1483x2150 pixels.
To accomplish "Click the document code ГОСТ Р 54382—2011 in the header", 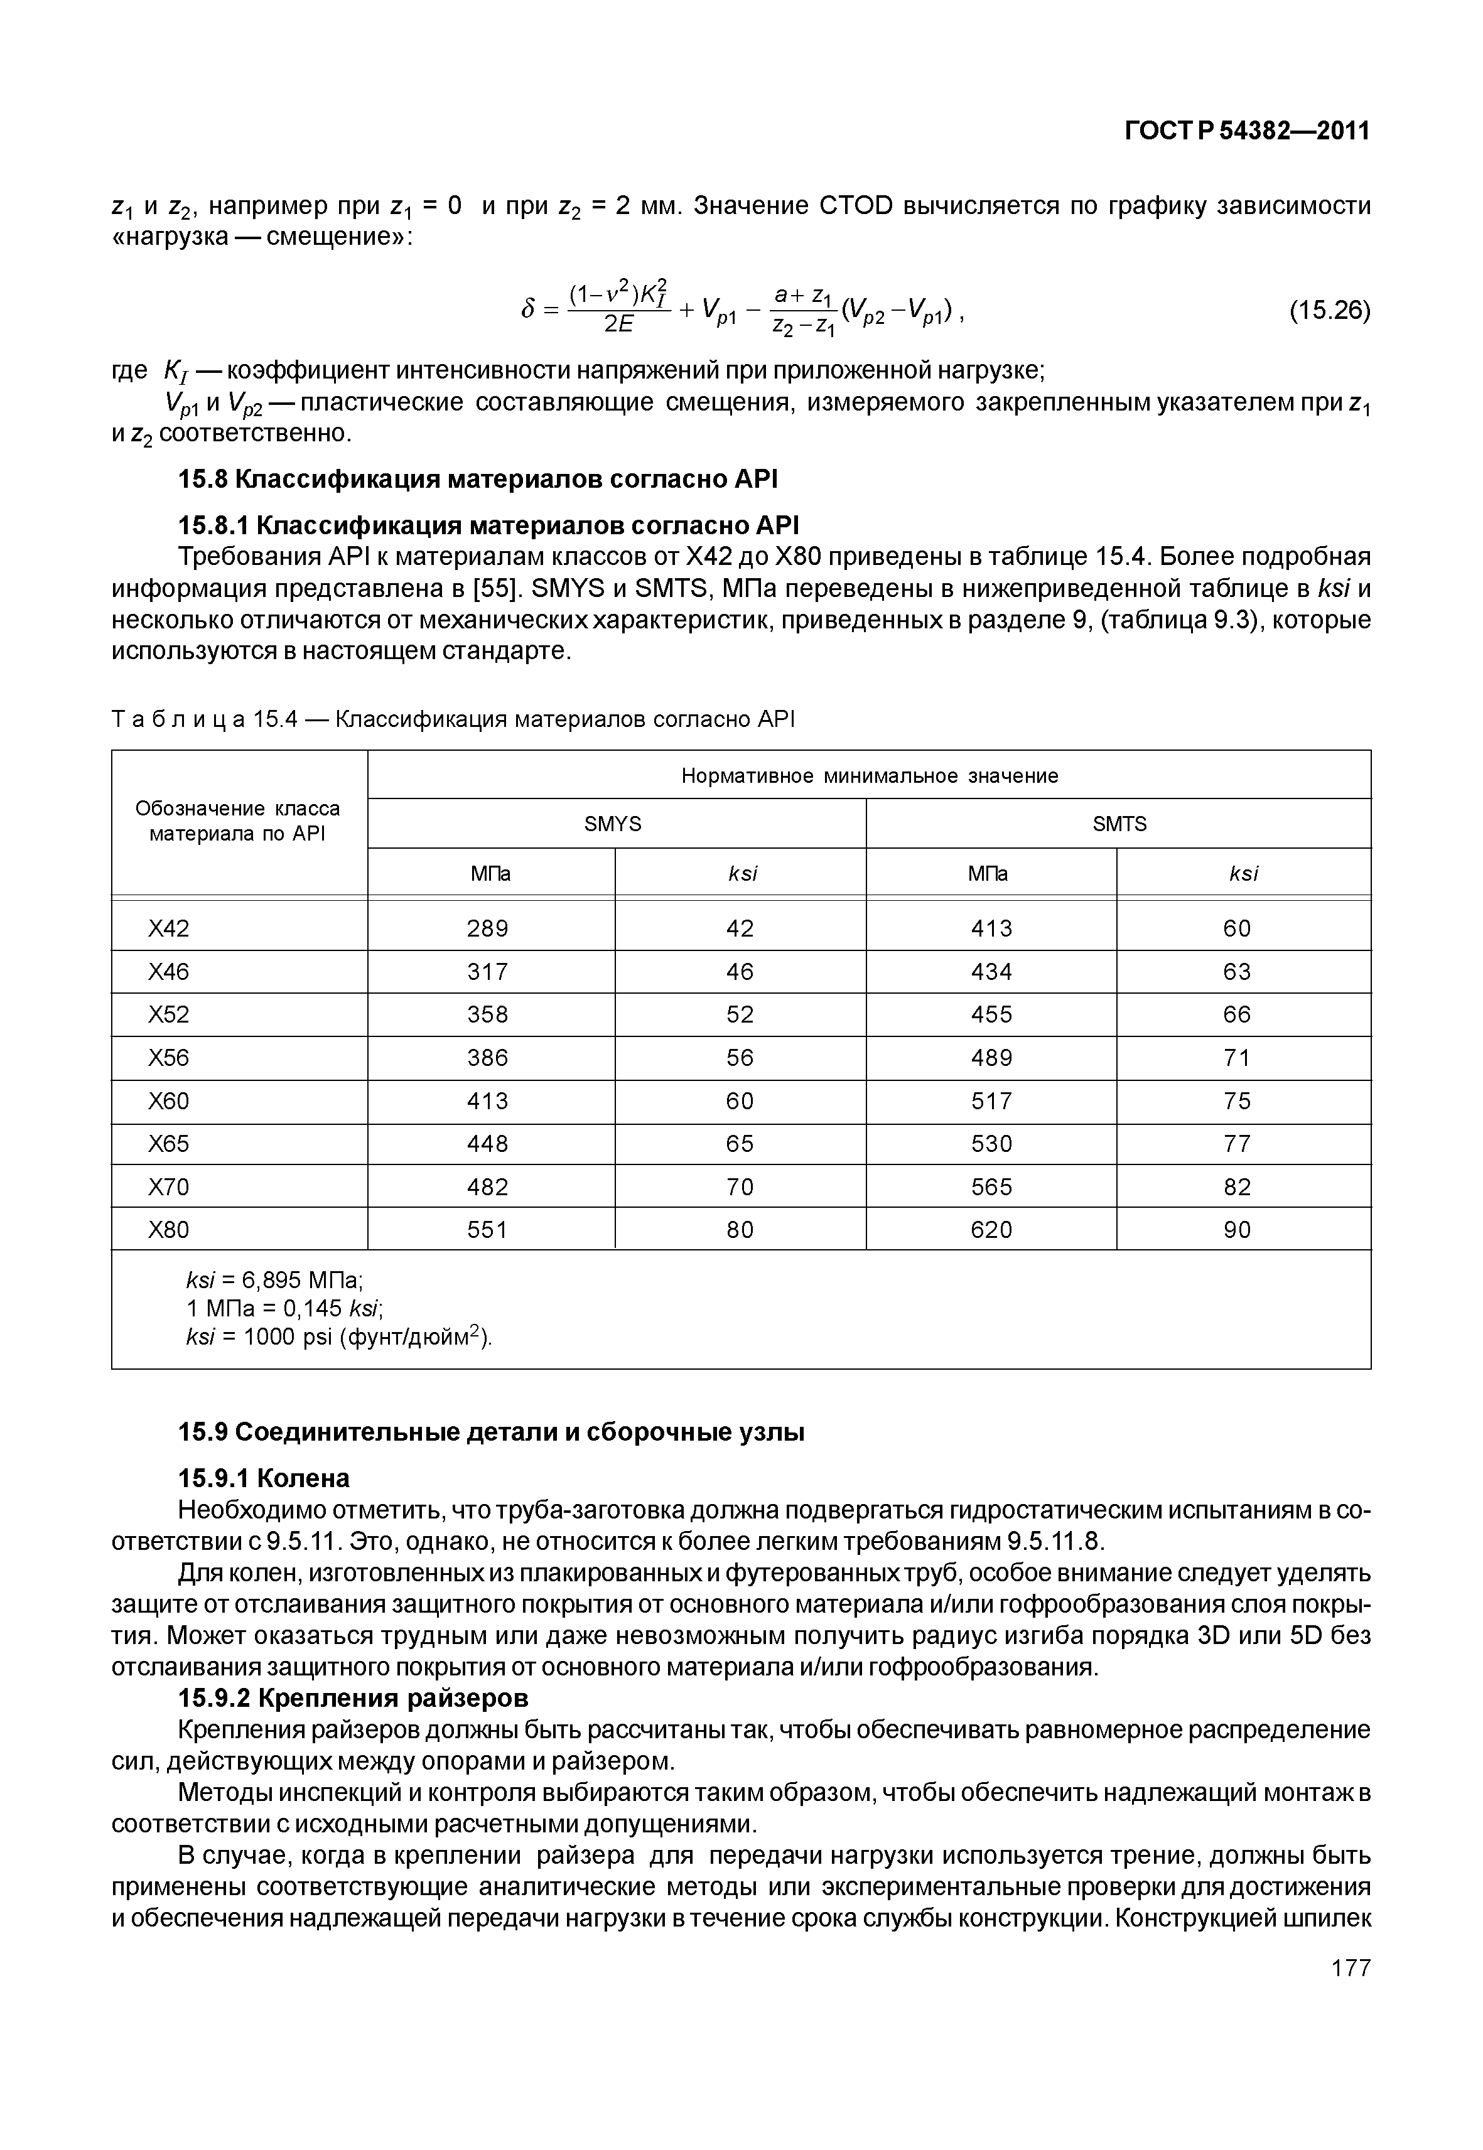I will click(x=1247, y=131).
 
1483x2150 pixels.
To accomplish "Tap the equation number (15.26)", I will click(x=1329, y=309).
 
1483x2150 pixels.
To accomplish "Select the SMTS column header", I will click(x=1119, y=824).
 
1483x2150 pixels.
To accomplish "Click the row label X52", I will click(x=168, y=1014).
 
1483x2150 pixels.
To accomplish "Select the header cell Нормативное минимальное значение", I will click(x=869, y=776).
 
